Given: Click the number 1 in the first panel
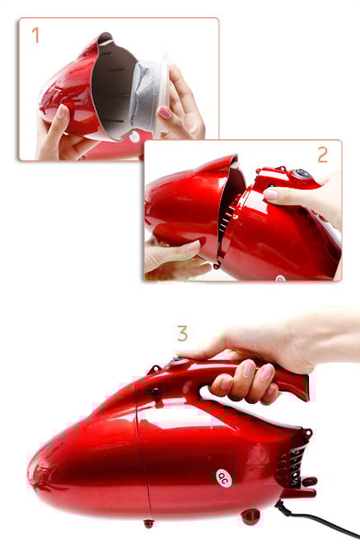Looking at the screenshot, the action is click(x=35, y=35).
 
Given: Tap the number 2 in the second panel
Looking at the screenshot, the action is click(x=323, y=155).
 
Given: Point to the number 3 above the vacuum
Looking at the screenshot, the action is click(x=182, y=333).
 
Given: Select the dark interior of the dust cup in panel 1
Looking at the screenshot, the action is click(x=113, y=88).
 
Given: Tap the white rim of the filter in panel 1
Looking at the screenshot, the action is click(x=163, y=96).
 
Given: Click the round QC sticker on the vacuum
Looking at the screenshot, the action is click(x=223, y=478).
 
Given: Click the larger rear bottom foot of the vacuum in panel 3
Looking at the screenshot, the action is click(x=250, y=516).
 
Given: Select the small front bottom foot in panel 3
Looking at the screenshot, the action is click(x=148, y=523).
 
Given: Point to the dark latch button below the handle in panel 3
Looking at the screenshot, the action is click(x=155, y=392).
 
